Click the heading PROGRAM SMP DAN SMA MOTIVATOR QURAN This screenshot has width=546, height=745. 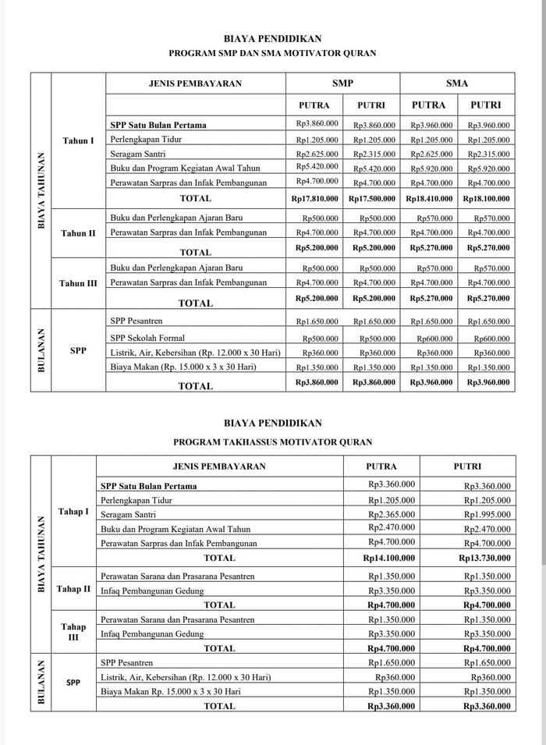coord(273,54)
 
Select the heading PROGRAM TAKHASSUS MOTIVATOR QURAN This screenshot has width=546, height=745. coord(273,442)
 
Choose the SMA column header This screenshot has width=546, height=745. coord(457,83)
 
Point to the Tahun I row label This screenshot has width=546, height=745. coord(78,140)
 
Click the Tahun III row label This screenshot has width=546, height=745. coord(78,283)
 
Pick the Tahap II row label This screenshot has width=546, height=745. coord(73,589)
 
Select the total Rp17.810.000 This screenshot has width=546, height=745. coord(314,199)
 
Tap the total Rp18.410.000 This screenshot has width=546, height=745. coord(429,199)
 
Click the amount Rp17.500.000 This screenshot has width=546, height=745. coord(372,199)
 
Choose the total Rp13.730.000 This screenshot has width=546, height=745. coord(487,558)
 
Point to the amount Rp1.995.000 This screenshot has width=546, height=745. coord(488,514)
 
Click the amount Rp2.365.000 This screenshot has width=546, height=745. coord(392,514)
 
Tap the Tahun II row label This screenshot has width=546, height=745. coord(77,233)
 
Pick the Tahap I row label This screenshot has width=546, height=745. coord(73,512)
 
